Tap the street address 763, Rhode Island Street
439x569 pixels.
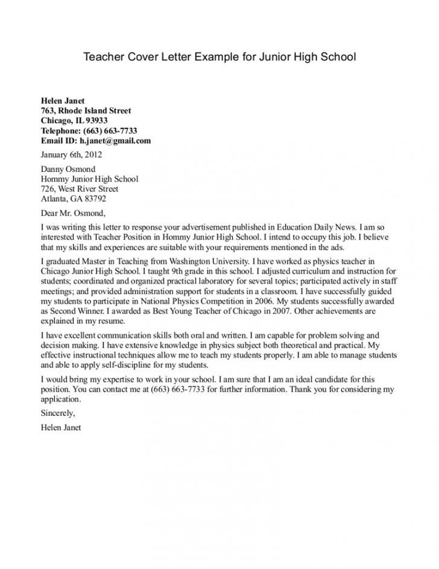(x=86, y=110)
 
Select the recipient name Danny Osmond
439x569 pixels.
(x=68, y=169)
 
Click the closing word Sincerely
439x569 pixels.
(x=57, y=415)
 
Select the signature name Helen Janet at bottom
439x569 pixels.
(x=60, y=428)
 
